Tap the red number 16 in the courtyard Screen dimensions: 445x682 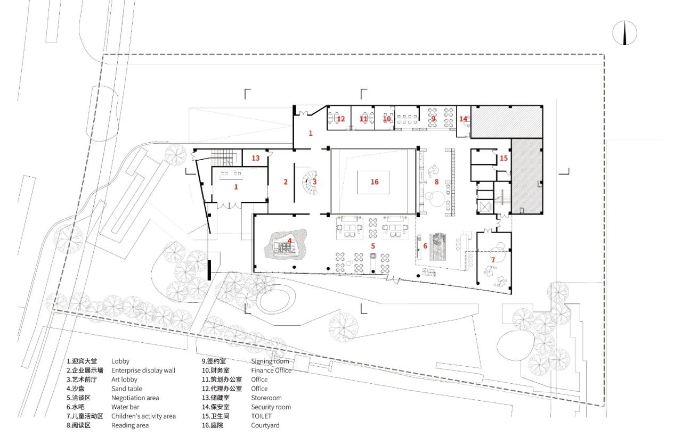tap(375, 182)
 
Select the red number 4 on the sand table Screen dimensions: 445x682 tap(289, 241)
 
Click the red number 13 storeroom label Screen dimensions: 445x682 tap(255, 158)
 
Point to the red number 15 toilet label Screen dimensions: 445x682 tap(504, 158)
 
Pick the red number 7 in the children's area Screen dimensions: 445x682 tap(493, 260)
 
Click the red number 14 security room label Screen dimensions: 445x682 tap(463, 119)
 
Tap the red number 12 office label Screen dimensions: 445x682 tap(341, 119)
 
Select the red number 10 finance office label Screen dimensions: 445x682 tap(387, 119)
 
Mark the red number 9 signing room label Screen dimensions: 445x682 tap(433, 119)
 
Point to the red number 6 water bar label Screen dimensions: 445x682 tap(425, 246)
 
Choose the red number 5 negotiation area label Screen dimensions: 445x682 tap(373, 246)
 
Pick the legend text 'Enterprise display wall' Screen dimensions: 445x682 tap(143, 370)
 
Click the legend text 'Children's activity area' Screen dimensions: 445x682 tap(143, 416)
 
